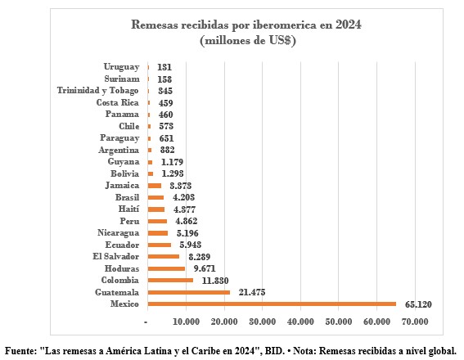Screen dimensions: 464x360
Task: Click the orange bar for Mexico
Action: click(x=272, y=304)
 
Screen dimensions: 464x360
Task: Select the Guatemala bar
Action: click(x=189, y=292)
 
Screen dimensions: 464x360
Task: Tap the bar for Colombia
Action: click(x=170, y=280)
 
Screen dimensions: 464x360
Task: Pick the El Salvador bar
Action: click(x=164, y=256)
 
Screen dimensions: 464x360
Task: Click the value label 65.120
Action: click(x=418, y=304)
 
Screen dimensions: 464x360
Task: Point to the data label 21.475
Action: click(x=252, y=292)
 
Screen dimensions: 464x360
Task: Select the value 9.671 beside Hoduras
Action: click(x=205, y=268)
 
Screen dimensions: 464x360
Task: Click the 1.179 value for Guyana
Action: click(x=172, y=162)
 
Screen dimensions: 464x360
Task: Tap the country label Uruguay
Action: click(x=121, y=67)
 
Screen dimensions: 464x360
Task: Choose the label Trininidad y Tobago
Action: click(x=97, y=91)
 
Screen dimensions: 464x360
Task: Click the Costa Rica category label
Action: click(x=118, y=102)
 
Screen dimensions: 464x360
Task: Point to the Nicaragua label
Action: click(x=118, y=233)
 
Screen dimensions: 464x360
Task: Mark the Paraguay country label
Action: click(x=119, y=138)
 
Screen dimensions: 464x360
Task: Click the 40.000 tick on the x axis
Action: click(x=300, y=322)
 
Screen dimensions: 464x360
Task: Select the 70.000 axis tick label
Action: click(x=415, y=322)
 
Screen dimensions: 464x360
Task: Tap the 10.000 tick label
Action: click(x=186, y=322)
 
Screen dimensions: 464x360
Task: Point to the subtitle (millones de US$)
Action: click(x=248, y=40)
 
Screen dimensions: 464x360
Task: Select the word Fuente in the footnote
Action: click(x=20, y=351)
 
